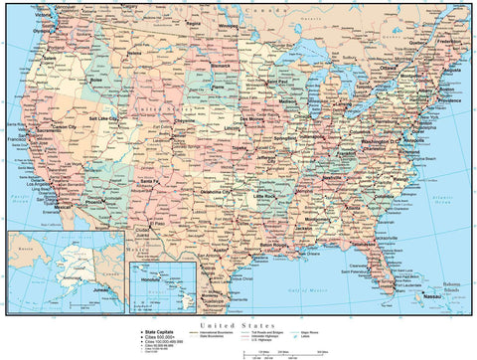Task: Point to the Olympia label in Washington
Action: click(x=42, y=30)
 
